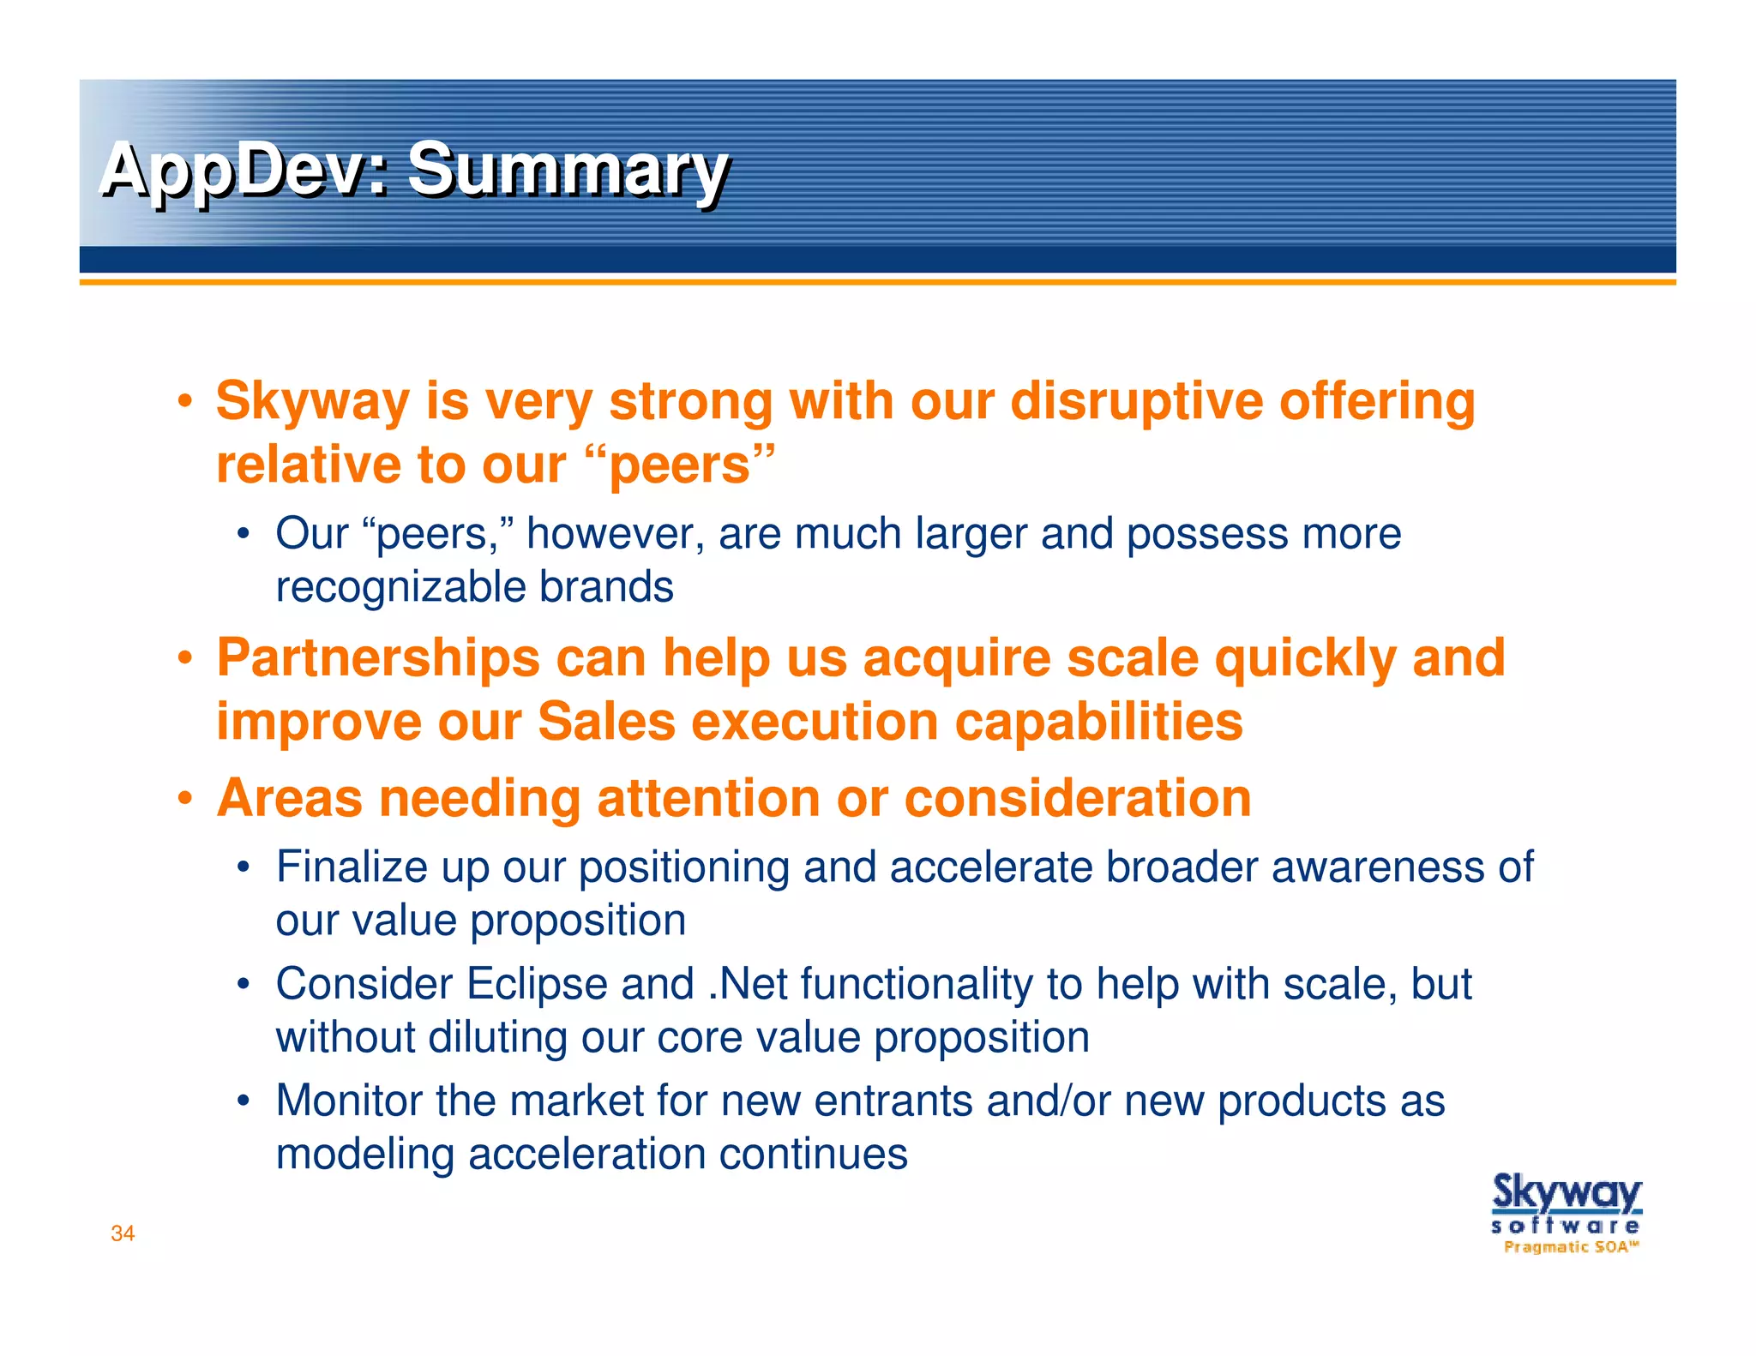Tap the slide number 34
123,1233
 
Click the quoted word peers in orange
681,465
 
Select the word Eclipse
537,984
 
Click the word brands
606,587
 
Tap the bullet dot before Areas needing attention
184,799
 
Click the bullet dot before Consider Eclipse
244,985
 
